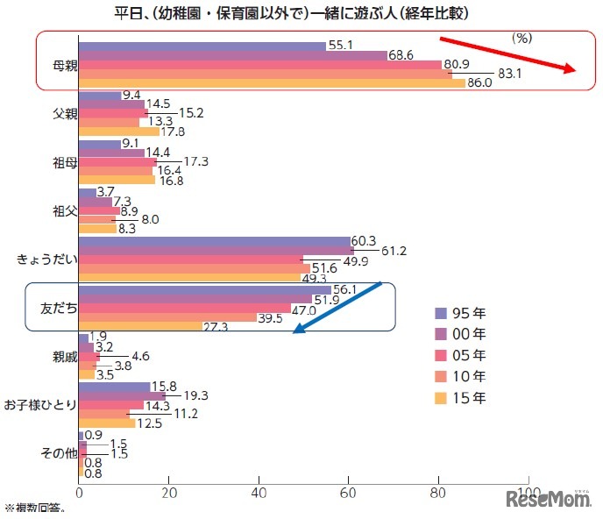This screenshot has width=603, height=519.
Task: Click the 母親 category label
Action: coord(57,64)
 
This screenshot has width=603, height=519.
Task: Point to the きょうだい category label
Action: coord(46,259)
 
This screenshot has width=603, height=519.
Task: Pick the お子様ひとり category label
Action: coord(39,404)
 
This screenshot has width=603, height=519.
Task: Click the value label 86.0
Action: coord(479,84)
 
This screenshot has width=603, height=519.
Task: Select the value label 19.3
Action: coord(192,396)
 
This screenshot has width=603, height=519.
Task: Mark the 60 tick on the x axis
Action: coord(349,494)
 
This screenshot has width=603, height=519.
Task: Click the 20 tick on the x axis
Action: coord(168,494)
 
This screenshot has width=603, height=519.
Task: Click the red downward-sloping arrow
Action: coord(507,54)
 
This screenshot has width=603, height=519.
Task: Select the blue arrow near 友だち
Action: coord(338,308)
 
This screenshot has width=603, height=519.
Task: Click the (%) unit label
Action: coord(522,39)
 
